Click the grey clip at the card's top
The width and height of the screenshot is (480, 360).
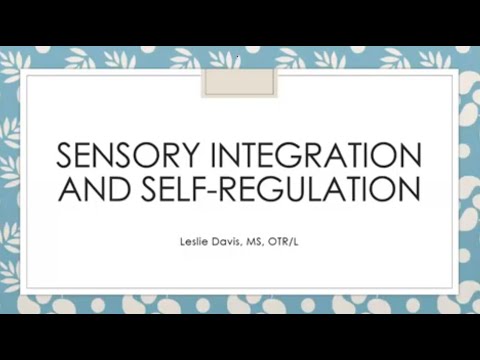(x=239, y=76)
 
